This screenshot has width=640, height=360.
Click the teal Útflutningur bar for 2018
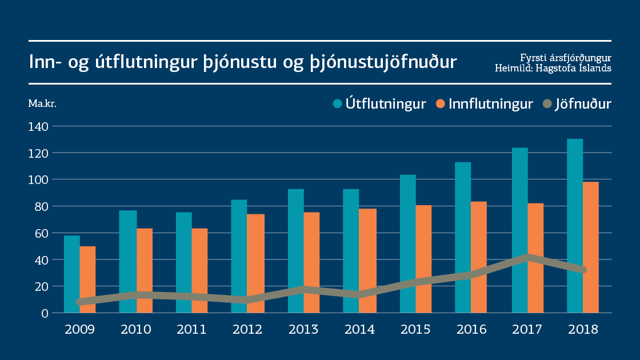click(575, 217)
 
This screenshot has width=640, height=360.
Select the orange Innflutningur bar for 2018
click(591, 240)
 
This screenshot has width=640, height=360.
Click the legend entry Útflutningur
click(379, 104)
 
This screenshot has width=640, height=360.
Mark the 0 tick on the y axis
click(45, 313)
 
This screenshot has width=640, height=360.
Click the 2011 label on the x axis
click(191, 330)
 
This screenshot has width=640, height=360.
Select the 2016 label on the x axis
click(471, 330)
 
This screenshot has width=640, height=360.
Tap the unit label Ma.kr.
click(42, 103)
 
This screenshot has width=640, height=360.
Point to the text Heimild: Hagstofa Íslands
click(553, 68)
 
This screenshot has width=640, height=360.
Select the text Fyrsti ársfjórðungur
click(566, 58)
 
